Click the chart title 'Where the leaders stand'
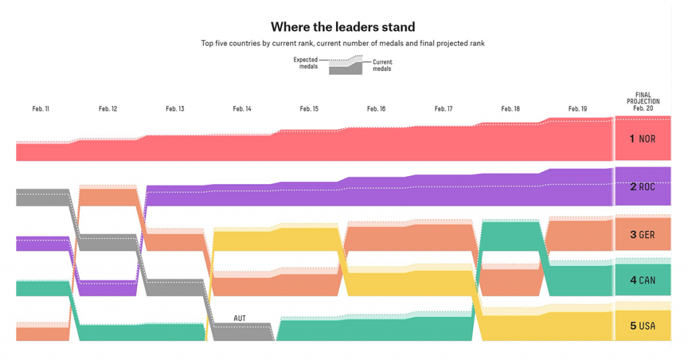(343, 27)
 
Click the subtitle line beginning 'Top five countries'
(343, 44)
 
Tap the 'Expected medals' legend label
(306, 63)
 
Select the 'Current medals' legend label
(382, 65)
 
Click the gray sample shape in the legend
(345, 67)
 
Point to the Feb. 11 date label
(40, 109)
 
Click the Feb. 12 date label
(107, 109)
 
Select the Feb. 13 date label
(175, 109)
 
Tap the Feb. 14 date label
(242, 109)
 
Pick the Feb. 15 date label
(309, 109)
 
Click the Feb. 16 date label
(376, 109)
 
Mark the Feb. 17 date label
(443, 109)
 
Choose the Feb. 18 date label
(510, 109)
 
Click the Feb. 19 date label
(577, 109)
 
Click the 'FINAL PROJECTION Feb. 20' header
(642, 101)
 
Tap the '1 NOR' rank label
(642, 139)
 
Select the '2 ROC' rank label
(642, 187)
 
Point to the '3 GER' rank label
(642, 235)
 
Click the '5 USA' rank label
(642, 326)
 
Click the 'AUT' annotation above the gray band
(239, 318)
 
